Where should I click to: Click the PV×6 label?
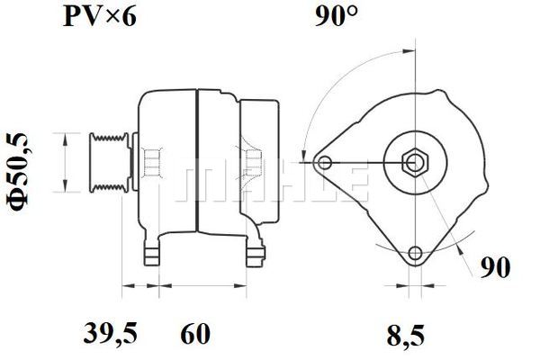tap(100, 16)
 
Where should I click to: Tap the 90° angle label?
tap(337, 16)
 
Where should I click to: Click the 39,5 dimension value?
tap(110, 333)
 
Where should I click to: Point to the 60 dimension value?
tap(195, 333)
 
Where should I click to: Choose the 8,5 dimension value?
tap(406, 337)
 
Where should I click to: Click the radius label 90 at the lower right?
tap(495, 267)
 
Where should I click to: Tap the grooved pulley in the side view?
tap(109, 162)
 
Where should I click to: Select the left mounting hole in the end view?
tap(324, 162)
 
